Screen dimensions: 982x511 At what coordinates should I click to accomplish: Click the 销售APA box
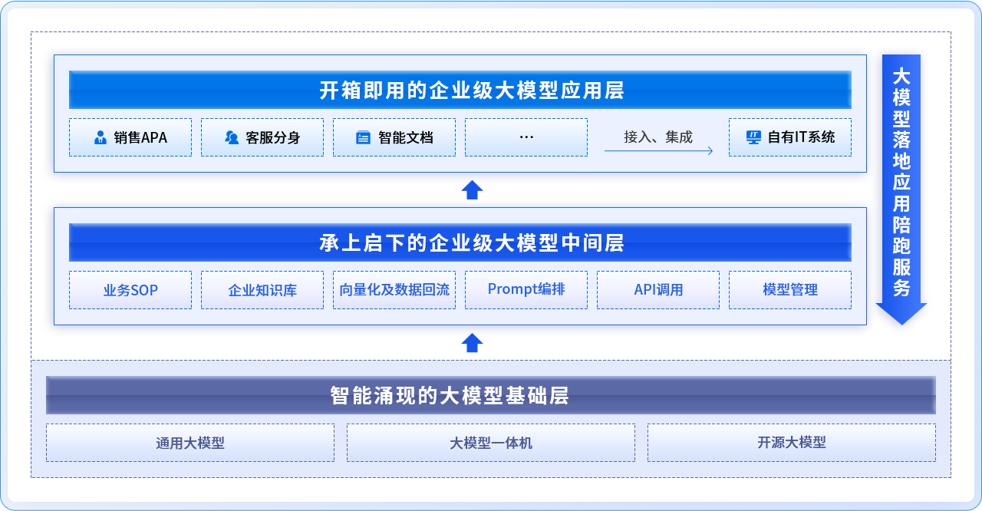(x=130, y=137)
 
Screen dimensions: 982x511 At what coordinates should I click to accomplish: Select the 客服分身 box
(x=262, y=137)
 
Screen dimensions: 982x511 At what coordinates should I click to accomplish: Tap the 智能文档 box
(x=394, y=137)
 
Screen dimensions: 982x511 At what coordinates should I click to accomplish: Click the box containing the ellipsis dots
(x=526, y=137)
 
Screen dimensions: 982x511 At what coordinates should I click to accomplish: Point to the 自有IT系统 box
(x=790, y=137)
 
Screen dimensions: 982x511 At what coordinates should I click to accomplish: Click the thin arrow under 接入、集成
(x=658, y=150)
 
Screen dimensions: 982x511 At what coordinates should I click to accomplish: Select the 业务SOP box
(x=130, y=290)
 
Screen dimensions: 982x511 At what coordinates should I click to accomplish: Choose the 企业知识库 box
(x=262, y=290)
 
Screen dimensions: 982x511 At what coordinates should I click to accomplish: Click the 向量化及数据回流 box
(x=394, y=290)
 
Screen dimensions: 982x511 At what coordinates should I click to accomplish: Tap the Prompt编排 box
(x=526, y=290)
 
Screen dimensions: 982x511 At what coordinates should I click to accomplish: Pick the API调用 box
(x=658, y=290)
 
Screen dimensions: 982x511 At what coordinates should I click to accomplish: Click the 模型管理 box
(x=790, y=290)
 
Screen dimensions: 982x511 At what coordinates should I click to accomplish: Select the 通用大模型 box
(x=190, y=442)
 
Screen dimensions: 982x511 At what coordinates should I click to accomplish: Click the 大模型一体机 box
(x=491, y=442)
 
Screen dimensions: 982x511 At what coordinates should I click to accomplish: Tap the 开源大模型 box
(x=792, y=442)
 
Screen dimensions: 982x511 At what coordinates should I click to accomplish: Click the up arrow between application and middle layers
(x=472, y=190)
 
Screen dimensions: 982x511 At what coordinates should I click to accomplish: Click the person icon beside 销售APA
(x=101, y=137)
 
